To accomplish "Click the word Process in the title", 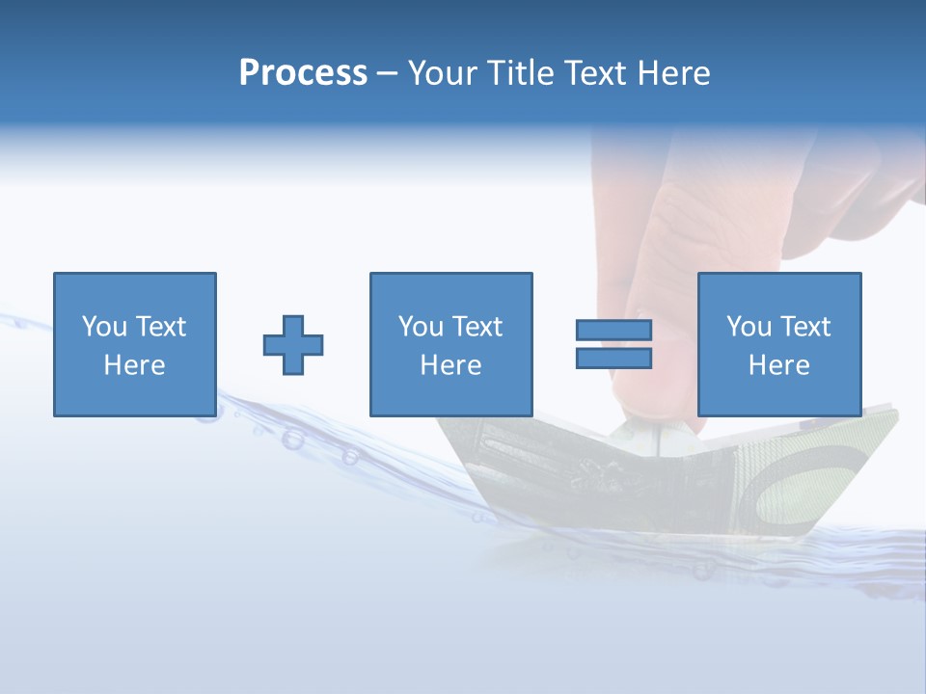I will pyautogui.click(x=303, y=73).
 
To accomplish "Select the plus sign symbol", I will pyautogui.click(x=293, y=345).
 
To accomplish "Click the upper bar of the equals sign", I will pyautogui.click(x=613, y=330).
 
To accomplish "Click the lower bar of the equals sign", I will pyautogui.click(x=613, y=359).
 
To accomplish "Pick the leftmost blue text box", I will pyautogui.click(x=134, y=344).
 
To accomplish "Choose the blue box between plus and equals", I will pyautogui.click(x=450, y=344).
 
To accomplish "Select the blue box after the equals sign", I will pyautogui.click(x=778, y=344).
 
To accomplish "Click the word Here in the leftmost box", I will pyautogui.click(x=134, y=365).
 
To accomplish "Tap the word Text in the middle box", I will pyautogui.click(x=477, y=327).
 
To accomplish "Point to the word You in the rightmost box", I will pyautogui.click(x=749, y=327).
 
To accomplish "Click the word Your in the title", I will pyautogui.click(x=443, y=73).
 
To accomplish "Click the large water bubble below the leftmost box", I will pyautogui.click(x=292, y=440).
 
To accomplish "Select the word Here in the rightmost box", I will pyautogui.click(x=778, y=365).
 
